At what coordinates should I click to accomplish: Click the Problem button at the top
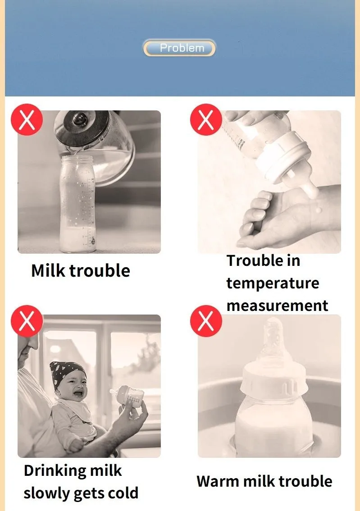pos(179,48)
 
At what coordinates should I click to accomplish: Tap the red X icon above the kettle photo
pos(27,119)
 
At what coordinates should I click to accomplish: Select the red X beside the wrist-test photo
pos(206,119)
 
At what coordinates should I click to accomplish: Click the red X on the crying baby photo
pos(27,321)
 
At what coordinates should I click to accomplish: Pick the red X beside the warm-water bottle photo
pos(206,321)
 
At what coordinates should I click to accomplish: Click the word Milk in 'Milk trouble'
pos(48,270)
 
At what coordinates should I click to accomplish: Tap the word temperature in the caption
pos(273,283)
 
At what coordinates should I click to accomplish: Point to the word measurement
pos(277,306)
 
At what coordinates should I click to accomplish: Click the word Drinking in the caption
pos(55,471)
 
